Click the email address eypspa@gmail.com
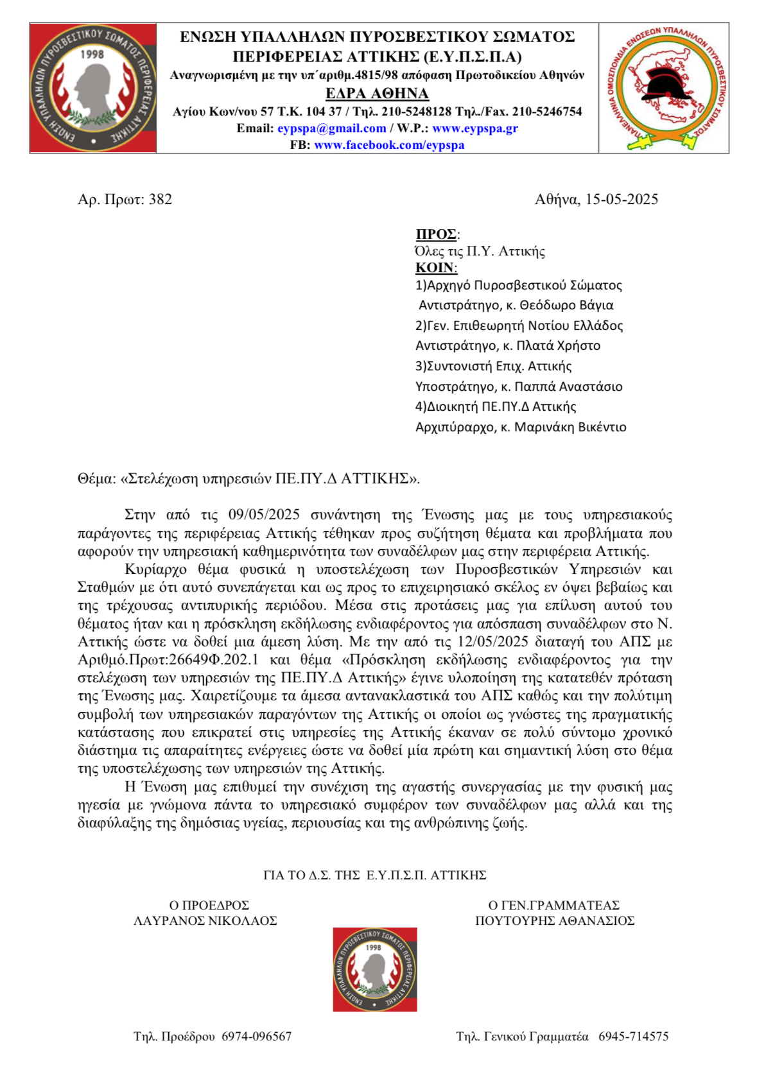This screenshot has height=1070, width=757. coord(331,128)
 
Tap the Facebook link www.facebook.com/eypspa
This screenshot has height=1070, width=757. coord(389,145)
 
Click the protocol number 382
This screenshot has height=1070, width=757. coord(161,200)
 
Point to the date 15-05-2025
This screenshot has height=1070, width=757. coord(622,200)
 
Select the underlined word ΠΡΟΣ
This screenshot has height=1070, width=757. coord(436,234)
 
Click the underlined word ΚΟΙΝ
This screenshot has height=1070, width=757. coord(435,268)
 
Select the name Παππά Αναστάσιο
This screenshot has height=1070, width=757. coord(568,387)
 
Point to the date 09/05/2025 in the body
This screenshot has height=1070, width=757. coord(264,515)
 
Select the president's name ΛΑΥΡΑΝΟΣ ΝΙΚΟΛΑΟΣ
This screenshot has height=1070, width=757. coord(205,921)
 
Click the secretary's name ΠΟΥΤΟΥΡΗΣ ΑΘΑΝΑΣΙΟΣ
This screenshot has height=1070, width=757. coord(555,921)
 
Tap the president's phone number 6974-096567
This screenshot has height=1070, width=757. coord(257,1037)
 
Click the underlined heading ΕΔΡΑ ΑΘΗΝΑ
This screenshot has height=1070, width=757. coord(377,94)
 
